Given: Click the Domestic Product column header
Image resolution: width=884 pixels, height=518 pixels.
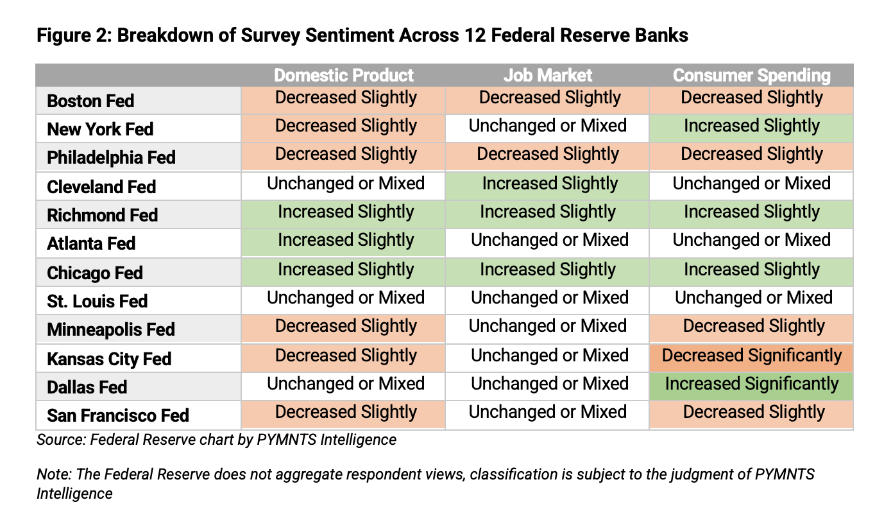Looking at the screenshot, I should [344, 75].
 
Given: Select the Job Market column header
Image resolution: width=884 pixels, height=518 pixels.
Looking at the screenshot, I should [547, 75].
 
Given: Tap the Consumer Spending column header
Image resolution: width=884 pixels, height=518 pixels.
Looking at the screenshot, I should [751, 76].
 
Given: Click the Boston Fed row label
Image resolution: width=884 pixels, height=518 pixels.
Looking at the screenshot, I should [90, 101].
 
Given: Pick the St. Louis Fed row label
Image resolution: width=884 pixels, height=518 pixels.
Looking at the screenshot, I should [97, 301].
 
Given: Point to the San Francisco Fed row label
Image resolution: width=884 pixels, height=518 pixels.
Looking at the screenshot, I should [118, 415].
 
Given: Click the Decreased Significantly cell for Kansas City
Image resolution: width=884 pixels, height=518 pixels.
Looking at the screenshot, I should [751, 356].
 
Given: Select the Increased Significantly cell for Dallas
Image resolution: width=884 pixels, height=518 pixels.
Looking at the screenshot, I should [751, 384].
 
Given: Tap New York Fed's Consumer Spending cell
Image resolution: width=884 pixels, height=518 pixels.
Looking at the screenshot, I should [751, 126].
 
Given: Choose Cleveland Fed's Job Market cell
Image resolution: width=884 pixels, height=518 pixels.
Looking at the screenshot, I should [547, 184].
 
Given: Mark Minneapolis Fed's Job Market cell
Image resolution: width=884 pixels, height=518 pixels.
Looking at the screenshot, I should [547, 326].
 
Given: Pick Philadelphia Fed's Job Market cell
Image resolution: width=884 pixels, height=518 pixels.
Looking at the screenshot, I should [547, 155].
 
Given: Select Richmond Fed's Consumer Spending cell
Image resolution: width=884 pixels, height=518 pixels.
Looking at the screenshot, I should [751, 212].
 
